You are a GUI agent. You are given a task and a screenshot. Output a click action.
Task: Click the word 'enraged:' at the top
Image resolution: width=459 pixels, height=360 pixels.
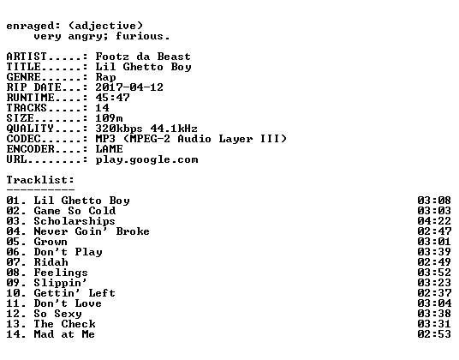(33, 27)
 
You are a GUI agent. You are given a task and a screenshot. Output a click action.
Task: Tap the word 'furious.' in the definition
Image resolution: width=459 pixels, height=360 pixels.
(142, 36)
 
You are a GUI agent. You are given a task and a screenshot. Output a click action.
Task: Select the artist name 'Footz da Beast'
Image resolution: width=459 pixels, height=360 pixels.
(143, 57)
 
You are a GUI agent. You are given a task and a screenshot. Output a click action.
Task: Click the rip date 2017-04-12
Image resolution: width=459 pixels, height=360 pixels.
(129, 87)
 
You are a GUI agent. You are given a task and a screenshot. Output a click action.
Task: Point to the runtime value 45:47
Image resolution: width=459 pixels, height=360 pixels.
(112, 98)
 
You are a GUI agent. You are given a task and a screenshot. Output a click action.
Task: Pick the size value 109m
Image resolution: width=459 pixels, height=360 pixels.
(110, 118)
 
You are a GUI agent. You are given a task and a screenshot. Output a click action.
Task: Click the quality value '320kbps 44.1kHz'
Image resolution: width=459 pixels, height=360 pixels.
(146, 129)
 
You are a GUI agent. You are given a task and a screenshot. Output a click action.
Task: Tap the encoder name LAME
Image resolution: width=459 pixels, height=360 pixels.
(110, 149)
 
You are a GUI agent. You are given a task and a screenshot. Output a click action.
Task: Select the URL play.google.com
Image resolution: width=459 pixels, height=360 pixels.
(146, 160)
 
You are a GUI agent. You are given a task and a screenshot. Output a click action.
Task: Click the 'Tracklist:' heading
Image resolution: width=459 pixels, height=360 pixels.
(40, 180)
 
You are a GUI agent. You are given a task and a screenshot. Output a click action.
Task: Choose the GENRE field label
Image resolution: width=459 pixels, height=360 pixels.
(23, 77)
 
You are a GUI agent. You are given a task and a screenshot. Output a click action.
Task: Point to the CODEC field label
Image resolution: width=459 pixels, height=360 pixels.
(23, 139)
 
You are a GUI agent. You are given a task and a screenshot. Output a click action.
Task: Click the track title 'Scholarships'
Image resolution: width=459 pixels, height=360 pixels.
(75, 221)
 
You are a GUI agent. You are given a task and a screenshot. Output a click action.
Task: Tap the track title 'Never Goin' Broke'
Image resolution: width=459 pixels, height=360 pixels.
(92, 231)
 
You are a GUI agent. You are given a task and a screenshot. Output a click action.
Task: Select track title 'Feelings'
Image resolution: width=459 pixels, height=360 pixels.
(61, 273)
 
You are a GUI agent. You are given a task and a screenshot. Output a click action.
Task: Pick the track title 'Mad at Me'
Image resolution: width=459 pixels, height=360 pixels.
(64, 334)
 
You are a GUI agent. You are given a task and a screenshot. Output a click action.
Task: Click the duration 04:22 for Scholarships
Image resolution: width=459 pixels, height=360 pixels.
(434, 221)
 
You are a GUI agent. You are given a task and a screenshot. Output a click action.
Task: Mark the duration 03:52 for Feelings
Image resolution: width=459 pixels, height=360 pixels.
(434, 273)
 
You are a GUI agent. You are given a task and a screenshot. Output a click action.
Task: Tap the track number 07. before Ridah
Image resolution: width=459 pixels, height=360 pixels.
(16, 262)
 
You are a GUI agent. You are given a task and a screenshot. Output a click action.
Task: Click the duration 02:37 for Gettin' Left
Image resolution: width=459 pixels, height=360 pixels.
(434, 293)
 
